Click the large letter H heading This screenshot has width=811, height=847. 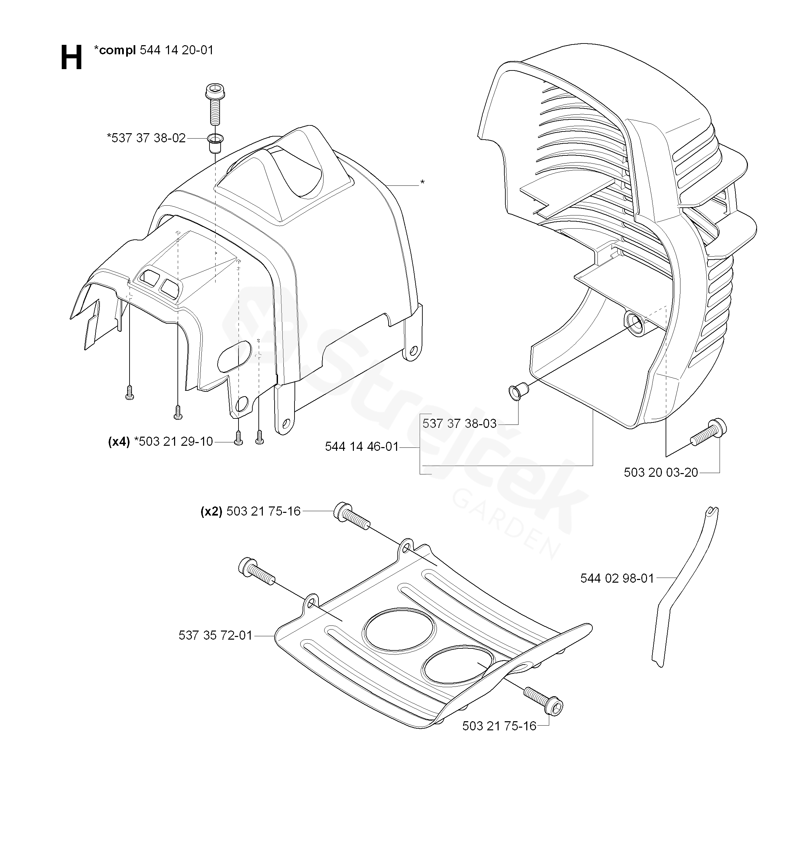tap(71, 58)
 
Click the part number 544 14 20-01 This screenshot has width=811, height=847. tap(177, 51)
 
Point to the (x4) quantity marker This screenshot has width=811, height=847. tap(118, 442)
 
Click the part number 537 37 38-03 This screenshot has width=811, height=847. tap(459, 423)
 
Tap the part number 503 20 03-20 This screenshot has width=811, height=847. tap(661, 473)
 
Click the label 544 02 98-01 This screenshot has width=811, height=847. tap(617, 578)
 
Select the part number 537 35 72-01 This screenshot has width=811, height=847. tap(215, 635)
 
